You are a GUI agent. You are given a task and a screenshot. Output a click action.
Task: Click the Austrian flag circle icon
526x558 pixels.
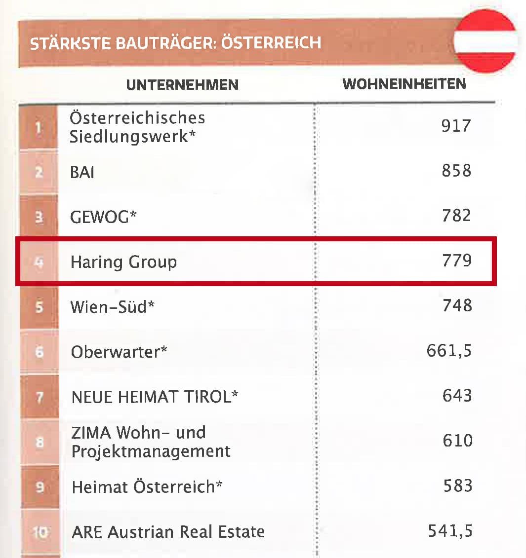pos(485,41)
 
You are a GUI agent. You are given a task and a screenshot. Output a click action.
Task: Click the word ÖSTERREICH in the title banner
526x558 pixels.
pos(271,43)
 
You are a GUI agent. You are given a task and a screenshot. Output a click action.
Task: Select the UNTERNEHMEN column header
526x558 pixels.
pos(182,85)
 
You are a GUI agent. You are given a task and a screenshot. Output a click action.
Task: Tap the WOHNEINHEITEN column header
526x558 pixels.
pos(404,84)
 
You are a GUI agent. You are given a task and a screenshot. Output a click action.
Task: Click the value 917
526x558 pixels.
pos(456,126)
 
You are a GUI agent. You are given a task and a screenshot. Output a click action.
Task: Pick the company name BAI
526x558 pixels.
pos(82,172)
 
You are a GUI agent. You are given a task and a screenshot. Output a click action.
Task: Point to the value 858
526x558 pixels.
pos(456,171)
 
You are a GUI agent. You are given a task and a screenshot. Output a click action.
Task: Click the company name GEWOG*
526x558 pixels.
pos(103,217)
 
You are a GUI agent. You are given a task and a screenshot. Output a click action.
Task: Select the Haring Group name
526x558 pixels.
pos(123,261)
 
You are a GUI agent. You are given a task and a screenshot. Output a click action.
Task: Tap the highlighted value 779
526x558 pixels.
pos(457,260)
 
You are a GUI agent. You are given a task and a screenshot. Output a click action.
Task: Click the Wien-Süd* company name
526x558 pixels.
pos(112,307)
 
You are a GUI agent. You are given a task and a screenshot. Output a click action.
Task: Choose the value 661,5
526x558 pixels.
pos(449,351)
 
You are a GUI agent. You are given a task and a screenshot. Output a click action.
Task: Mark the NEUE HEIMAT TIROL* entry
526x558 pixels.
pos(155,397)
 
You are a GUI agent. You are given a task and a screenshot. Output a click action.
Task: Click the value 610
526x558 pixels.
pos(457,440)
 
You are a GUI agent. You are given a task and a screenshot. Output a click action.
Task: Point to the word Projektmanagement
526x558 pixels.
pos(151,451)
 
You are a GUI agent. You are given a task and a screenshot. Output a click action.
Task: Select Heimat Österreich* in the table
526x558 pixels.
pos(147,487)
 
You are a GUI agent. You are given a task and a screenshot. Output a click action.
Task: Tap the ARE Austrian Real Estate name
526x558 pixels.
pos(168,532)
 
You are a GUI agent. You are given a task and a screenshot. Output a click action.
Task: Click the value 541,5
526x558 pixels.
pos(450,531)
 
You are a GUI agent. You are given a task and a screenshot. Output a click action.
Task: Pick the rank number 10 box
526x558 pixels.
pos(40,532)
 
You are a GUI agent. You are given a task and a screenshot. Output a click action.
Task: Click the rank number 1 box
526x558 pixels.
pos(39,127)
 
